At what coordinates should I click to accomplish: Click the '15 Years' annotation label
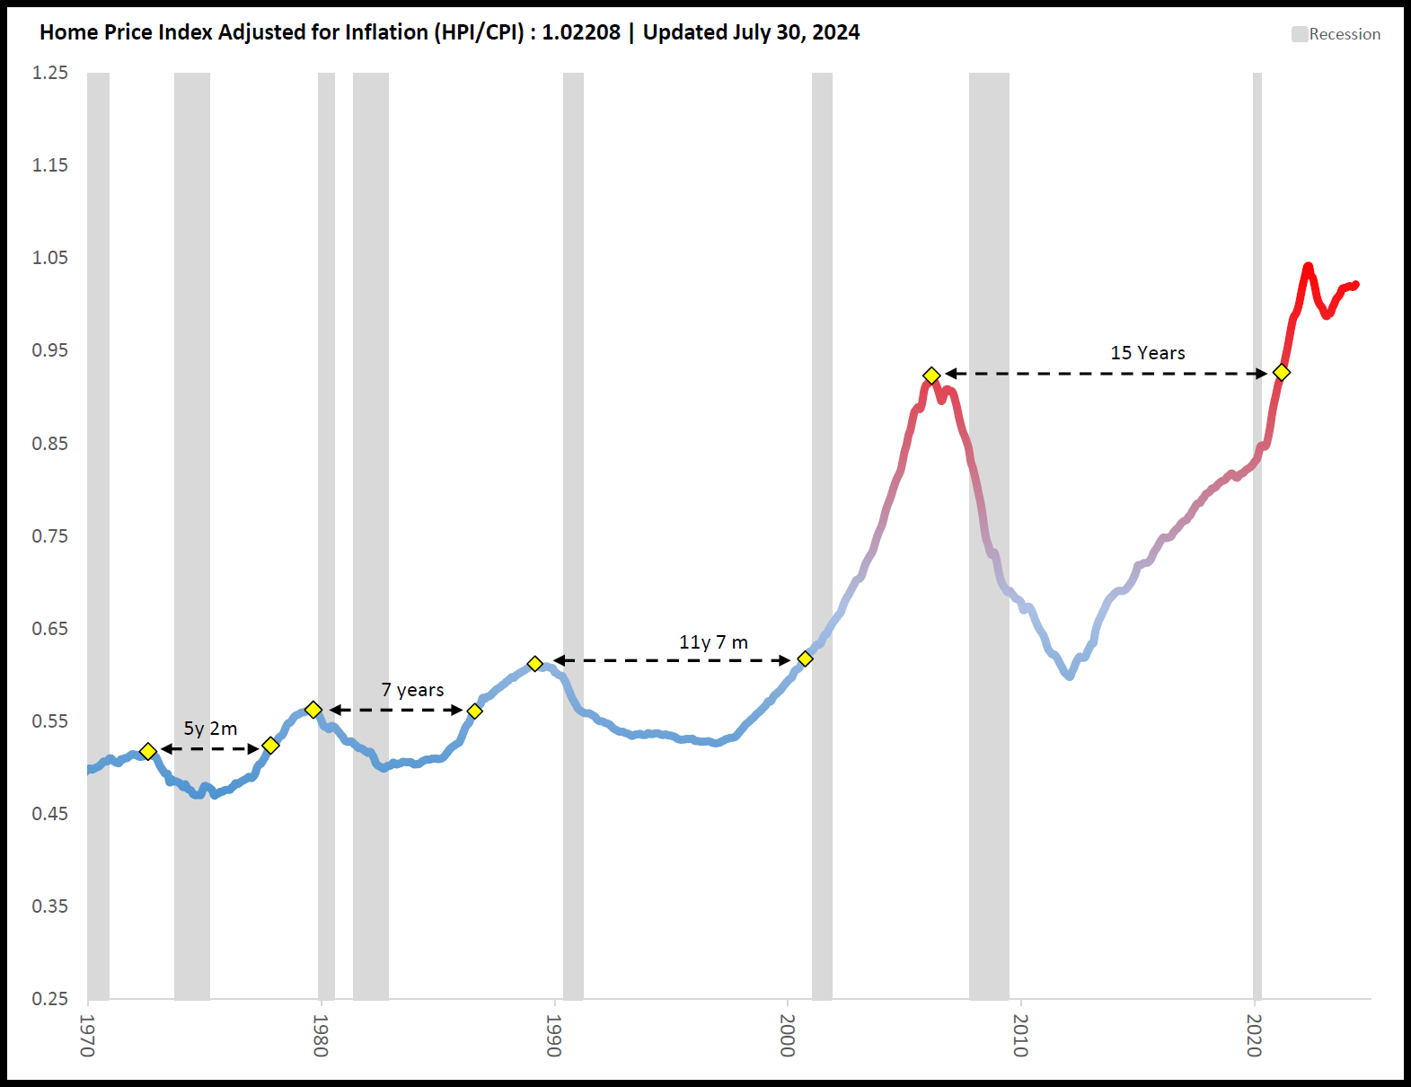(x=1147, y=353)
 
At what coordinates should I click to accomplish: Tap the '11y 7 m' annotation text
(x=713, y=642)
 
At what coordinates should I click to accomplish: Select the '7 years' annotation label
(x=412, y=690)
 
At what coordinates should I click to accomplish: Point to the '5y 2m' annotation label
(x=210, y=729)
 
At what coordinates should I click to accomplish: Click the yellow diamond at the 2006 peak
(x=931, y=376)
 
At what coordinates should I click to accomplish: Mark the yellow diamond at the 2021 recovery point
(x=1282, y=372)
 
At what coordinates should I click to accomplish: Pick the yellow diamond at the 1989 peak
(x=534, y=664)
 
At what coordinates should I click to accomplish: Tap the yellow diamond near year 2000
(x=805, y=658)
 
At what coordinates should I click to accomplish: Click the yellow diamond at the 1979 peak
(x=313, y=710)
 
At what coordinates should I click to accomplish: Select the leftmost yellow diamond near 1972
(x=148, y=751)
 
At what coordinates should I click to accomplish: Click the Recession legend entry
(x=1336, y=34)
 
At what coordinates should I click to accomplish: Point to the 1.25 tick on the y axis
(x=50, y=73)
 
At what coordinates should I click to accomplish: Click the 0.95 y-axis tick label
(x=50, y=350)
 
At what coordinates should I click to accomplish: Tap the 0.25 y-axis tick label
(x=50, y=999)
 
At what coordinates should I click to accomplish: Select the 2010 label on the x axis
(x=1021, y=1035)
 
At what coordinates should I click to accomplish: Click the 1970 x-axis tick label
(x=87, y=1035)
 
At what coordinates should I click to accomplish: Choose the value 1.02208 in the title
(x=581, y=32)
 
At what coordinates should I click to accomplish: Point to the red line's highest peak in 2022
(x=1308, y=266)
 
